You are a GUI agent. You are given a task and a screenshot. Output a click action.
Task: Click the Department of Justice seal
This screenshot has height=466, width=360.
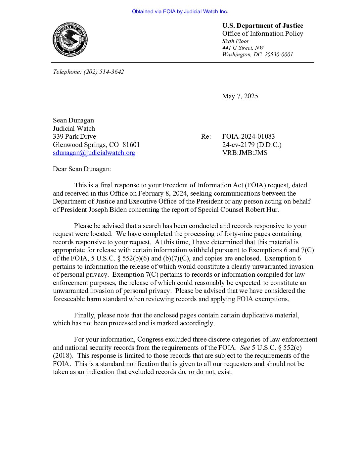pyautogui.click(x=70, y=39)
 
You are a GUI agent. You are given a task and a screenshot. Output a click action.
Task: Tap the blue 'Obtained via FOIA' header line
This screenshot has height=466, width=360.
pyautogui.click(x=180, y=12)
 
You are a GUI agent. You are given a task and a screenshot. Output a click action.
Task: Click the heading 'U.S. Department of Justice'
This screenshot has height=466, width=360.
pyautogui.click(x=263, y=26)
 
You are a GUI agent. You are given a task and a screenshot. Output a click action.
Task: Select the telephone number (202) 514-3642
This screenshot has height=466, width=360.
pyautogui.click(x=104, y=72)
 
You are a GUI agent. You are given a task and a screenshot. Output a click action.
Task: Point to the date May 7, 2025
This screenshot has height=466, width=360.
pyautogui.click(x=240, y=96)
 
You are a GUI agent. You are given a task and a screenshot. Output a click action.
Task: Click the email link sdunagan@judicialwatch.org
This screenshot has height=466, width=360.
pyautogui.click(x=94, y=153)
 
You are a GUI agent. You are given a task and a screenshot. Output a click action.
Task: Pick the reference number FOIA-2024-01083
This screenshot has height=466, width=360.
pyautogui.click(x=248, y=137)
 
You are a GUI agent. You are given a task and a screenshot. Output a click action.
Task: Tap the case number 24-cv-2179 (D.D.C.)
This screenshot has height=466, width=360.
pyautogui.click(x=252, y=145)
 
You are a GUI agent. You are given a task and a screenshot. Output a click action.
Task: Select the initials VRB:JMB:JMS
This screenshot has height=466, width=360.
pyautogui.click(x=245, y=153)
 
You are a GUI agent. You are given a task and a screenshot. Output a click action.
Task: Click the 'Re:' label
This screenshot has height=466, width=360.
pyautogui.click(x=206, y=137)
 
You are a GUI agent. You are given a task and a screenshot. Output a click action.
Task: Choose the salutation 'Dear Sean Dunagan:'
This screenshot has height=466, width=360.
pyautogui.click(x=82, y=169)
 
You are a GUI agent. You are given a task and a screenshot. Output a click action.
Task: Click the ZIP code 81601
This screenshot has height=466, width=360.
pyautogui.click(x=131, y=145)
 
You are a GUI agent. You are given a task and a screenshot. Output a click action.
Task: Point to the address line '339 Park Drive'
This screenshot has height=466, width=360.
pyautogui.click(x=74, y=137)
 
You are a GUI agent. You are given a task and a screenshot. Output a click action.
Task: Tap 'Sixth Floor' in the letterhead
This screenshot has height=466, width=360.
pyautogui.click(x=236, y=41)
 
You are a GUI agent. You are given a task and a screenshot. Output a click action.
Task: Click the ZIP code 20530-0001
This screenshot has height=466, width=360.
pyautogui.click(x=279, y=55)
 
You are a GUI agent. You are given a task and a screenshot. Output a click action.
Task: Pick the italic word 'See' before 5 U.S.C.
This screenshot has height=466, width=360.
pyautogui.click(x=245, y=348)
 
